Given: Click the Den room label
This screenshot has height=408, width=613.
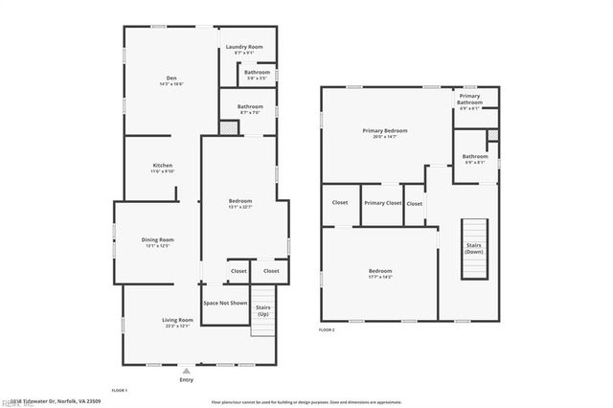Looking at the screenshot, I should [x=171, y=79].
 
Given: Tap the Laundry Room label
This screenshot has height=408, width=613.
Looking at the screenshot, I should [x=243, y=47].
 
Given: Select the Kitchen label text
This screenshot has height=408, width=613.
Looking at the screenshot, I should [x=162, y=166].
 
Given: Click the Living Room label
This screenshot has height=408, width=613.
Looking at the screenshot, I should [x=177, y=320].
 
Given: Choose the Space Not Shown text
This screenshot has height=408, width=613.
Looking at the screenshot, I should [x=225, y=303].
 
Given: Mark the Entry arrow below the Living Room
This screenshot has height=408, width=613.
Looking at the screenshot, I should [x=187, y=370].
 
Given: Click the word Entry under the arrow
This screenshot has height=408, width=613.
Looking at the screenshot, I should [x=187, y=380].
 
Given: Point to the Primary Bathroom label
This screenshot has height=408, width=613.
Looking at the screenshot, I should [x=469, y=98].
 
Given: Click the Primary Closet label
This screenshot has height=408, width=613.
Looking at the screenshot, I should [x=381, y=203].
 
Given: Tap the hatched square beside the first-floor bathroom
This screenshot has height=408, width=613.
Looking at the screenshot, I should [x=228, y=127].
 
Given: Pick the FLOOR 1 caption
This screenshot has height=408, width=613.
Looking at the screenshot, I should [x=120, y=391].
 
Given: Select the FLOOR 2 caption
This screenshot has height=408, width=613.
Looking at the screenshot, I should [x=328, y=329].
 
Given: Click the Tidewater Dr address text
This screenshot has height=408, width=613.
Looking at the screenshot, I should [x=57, y=401].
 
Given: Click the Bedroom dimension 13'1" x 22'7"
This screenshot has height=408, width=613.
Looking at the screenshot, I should [x=239, y=208].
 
